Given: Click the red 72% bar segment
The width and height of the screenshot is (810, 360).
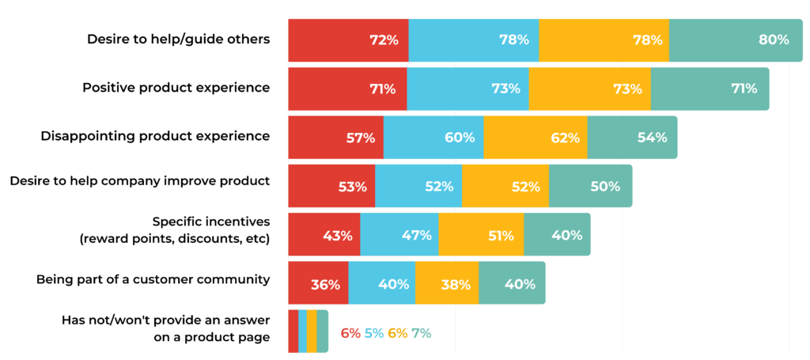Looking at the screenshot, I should point(348,40).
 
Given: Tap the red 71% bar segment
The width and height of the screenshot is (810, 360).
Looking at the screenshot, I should point(347,89).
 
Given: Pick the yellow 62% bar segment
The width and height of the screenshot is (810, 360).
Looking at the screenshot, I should point(535,137).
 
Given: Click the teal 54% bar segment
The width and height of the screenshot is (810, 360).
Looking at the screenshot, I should point(632,137).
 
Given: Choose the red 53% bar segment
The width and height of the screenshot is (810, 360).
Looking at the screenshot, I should point(331,186).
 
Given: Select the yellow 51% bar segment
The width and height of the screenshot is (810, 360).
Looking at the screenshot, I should point(481,234).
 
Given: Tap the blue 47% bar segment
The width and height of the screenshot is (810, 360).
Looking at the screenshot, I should point(399,234).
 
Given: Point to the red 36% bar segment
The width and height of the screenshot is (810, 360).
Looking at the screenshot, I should point(318,283).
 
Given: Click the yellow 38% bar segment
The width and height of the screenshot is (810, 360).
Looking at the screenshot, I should point(447,283).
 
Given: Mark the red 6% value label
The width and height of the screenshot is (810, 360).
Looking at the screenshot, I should point(350,333).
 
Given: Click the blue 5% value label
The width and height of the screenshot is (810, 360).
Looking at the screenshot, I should point(374,333).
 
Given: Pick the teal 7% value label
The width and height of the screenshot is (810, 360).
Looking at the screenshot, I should point(422,333).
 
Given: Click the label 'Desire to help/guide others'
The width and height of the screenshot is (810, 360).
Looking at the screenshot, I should point(178,39).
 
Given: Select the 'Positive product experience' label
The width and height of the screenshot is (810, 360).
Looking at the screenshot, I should point(176,87).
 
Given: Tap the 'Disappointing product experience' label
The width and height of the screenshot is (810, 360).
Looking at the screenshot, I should point(155,135).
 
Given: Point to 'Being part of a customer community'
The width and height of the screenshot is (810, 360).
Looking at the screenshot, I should point(153,279).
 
